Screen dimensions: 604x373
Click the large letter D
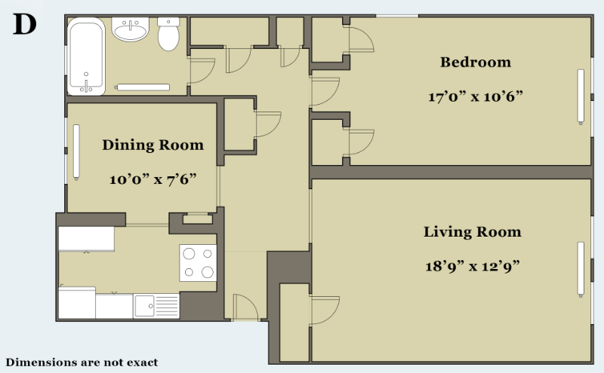coord(25,24)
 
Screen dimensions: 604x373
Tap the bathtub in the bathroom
coord(86,57)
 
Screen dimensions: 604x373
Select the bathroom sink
coord(130,29)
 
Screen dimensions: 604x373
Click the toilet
coord(168,34)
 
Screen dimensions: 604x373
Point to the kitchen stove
coord(198,263)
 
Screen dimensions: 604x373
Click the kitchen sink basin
coord(145,306)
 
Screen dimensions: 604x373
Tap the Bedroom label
coord(476,63)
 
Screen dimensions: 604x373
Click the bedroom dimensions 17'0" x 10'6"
coord(476,96)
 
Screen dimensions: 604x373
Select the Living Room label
coord(473,232)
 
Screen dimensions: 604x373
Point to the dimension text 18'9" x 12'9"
coord(473,266)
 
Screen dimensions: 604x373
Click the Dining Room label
coord(153,145)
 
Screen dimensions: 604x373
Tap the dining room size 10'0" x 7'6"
coord(153,179)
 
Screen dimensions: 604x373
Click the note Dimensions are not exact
coord(82,362)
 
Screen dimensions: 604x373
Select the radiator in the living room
coord(581,270)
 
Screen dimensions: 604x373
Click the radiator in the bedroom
coord(581,97)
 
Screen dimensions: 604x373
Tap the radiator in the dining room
coord(76,152)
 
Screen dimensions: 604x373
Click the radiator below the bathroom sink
coord(143,87)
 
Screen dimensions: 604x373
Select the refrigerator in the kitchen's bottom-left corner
coord(77,303)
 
